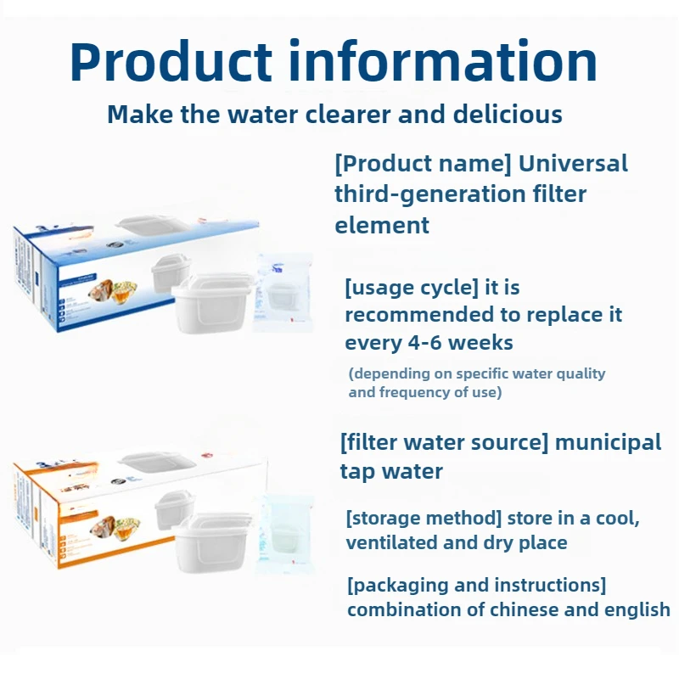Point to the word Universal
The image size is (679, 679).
(573, 163)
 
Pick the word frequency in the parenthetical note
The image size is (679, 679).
(404, 392)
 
